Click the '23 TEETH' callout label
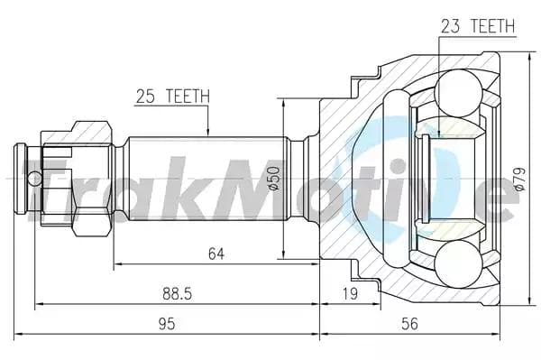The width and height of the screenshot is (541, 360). coord(477,26)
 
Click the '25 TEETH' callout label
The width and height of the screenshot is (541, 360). coord(172,95)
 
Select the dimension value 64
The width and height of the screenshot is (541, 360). coord(215,254)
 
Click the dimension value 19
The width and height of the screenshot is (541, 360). coord(349,293)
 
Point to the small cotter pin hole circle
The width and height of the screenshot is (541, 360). coord(33,177)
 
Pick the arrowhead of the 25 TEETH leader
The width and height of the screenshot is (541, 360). coord(207,133)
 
